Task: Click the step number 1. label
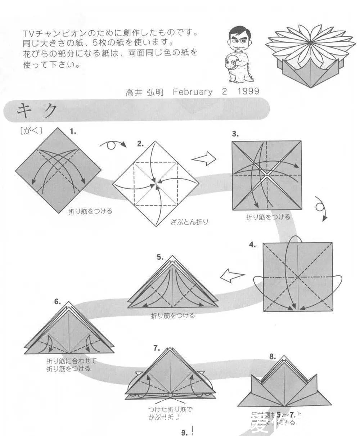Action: pos(73,132)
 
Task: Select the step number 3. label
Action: pos(235,134)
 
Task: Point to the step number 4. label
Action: pos(252,245)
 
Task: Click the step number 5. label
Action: pos(160,257)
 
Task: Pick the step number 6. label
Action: pos(58,302)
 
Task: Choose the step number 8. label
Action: pos(273,357)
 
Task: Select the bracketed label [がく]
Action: pos(31,131)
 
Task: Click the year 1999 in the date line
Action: pos(248,91)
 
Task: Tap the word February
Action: pos(193,92)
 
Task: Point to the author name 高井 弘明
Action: pos(145,92)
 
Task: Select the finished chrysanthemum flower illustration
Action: pos(310,57)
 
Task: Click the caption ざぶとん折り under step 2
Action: pos(189,222)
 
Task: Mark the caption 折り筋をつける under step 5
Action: pos(173,316)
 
